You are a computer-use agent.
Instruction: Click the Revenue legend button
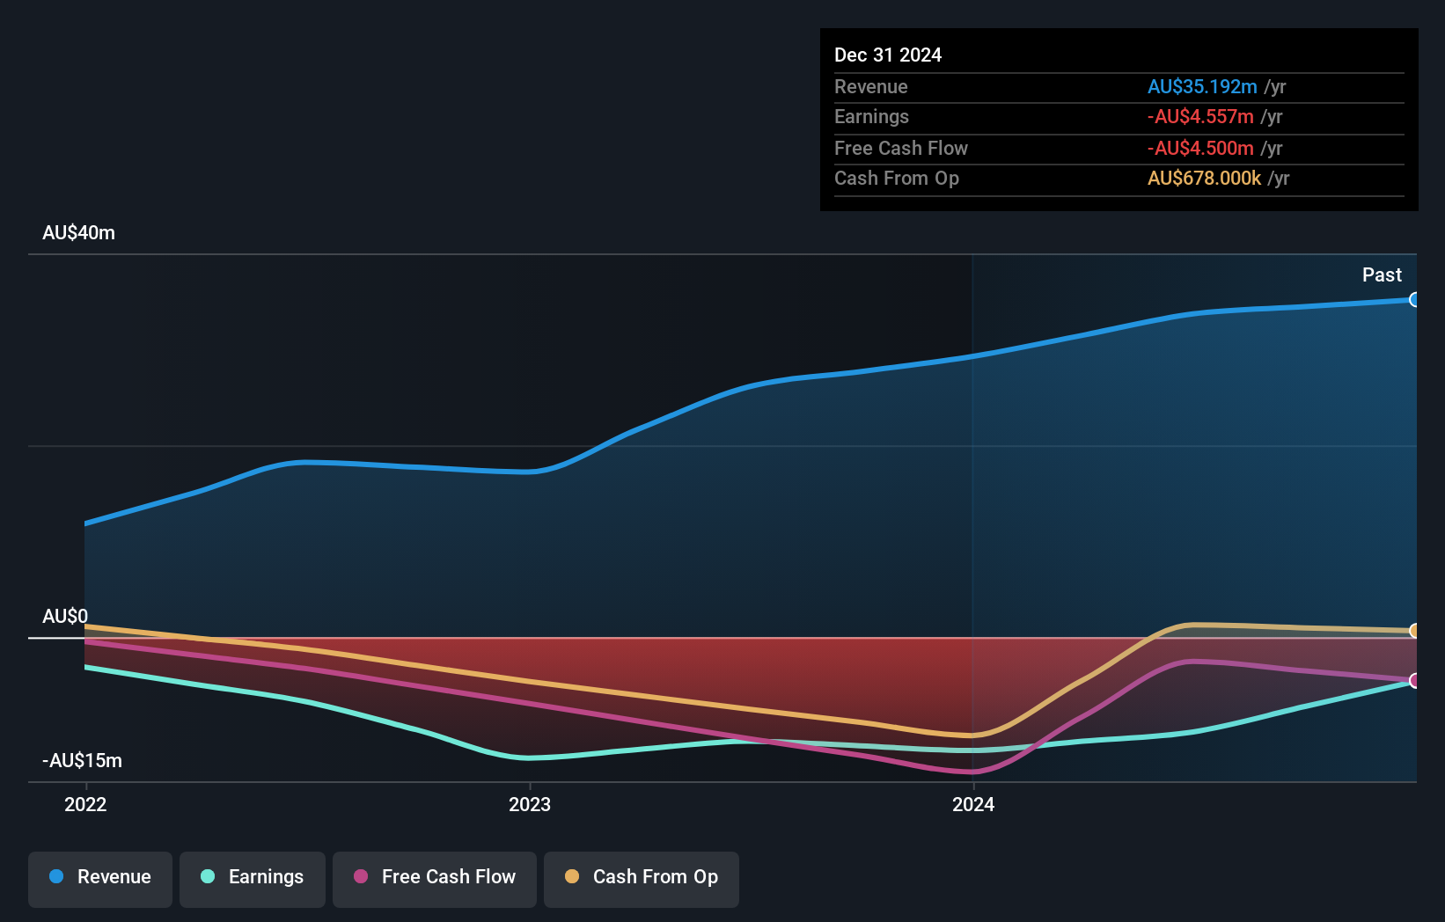click(100, 878)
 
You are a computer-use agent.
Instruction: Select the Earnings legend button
click(253, 878)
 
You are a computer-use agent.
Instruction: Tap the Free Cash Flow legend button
click(435, 878)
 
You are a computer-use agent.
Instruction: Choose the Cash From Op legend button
click(642, 878)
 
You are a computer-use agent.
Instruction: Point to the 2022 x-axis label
click(85, 804)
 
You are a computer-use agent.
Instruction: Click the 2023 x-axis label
click(530, 804)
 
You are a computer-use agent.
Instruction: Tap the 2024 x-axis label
click(973, 804)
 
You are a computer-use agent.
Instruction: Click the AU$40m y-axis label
click(78, 233)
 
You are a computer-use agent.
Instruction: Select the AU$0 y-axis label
click(65, 616)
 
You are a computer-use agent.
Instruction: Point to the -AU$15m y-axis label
click(82, 760)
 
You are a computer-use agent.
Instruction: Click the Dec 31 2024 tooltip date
click(888, 55)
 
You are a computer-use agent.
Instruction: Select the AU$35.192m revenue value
click(1201, 87)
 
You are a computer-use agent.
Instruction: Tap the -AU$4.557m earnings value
click(1199, 117)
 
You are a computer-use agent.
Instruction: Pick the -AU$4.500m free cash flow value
click(1199, 149)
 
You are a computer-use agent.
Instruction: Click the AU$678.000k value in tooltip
click(1204, 179)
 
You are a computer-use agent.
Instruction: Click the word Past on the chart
click(1382, 275)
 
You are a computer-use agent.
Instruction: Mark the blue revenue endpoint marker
click(1414, 300)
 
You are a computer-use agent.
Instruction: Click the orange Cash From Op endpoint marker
click(1414, 631)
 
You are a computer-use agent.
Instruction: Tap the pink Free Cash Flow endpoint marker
click(1414, 680)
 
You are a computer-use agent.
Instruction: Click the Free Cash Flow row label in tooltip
click(900, 149)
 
